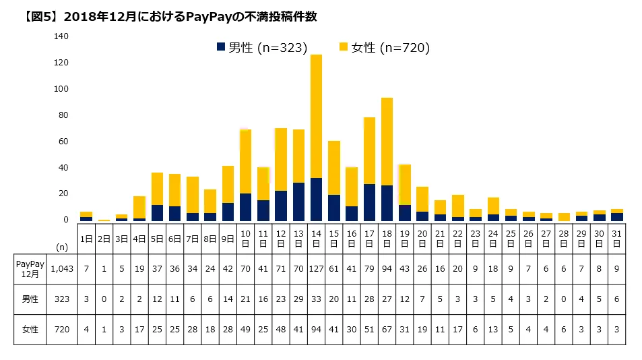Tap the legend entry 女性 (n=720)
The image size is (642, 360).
click(384, 47)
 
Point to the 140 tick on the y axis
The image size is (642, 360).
click(61, 36)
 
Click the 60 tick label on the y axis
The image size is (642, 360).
click(63, 142)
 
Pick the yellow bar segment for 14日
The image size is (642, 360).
click(316, 116)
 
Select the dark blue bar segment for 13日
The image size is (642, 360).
click(298, 201)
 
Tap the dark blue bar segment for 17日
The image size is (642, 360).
click(369, 202)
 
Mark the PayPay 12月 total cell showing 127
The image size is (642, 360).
click(316, 269)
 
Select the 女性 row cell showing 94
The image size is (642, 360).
click(316, 330)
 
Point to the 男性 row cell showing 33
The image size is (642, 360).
click(316, 300)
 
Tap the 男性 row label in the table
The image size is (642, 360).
click(30, 300)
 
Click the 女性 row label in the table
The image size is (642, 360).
click(30, 330)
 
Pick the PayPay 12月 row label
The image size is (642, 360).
click(30, 269)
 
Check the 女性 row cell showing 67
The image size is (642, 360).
click(387, 330)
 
